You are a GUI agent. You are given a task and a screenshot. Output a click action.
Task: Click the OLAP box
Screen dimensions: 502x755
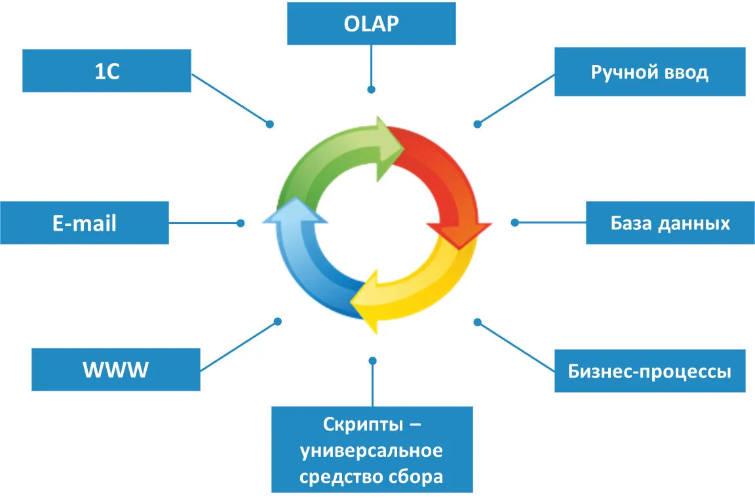coord(371,24)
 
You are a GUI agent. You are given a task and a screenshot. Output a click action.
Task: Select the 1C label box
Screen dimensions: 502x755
coord(107,71)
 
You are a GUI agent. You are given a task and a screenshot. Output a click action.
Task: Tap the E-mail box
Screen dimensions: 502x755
coord(85,223)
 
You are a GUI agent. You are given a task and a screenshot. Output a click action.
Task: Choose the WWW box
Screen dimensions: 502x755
coord(116,370)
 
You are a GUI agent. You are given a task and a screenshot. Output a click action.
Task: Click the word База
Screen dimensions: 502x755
coord(632,223)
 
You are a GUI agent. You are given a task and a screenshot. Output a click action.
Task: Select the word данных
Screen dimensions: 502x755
coord(697,223)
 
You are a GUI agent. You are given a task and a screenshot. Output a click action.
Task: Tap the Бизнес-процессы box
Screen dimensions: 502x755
coord(649,372)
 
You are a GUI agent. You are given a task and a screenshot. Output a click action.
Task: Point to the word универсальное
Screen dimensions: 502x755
coord(372,451)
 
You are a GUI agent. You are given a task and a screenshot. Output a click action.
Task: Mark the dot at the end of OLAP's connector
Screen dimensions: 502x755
coord(371,89)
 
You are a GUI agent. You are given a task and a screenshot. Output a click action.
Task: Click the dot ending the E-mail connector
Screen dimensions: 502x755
coord(241,223)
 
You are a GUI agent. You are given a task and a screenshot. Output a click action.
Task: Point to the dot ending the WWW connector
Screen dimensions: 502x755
coord(278,321)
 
